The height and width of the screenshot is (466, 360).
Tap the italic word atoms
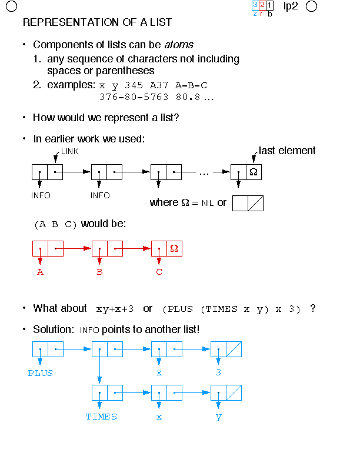click(179, 45)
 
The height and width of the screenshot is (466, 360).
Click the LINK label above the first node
click(69, 151)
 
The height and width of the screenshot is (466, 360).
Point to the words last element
click(287, 151)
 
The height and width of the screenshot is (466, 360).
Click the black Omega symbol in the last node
click(253, 172)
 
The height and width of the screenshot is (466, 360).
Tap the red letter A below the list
click(40, 272)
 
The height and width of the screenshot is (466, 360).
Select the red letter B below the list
click(99, 272)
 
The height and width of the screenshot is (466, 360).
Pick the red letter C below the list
click(159, 272)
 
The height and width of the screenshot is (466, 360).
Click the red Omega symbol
click(174, 248)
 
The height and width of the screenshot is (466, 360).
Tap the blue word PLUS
click(40, 373)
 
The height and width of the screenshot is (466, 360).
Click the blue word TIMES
click(101, 417)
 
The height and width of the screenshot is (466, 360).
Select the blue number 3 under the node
click(218, 373)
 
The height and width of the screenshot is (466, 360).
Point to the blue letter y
click(218, 417)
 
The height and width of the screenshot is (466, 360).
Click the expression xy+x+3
click(115, 308)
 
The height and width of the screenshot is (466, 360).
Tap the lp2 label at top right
click(291, 6)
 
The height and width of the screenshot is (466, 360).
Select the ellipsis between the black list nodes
click(204, 172)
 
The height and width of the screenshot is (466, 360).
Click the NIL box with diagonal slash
click(248, 203)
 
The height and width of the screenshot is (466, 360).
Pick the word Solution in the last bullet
click(52, 329)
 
